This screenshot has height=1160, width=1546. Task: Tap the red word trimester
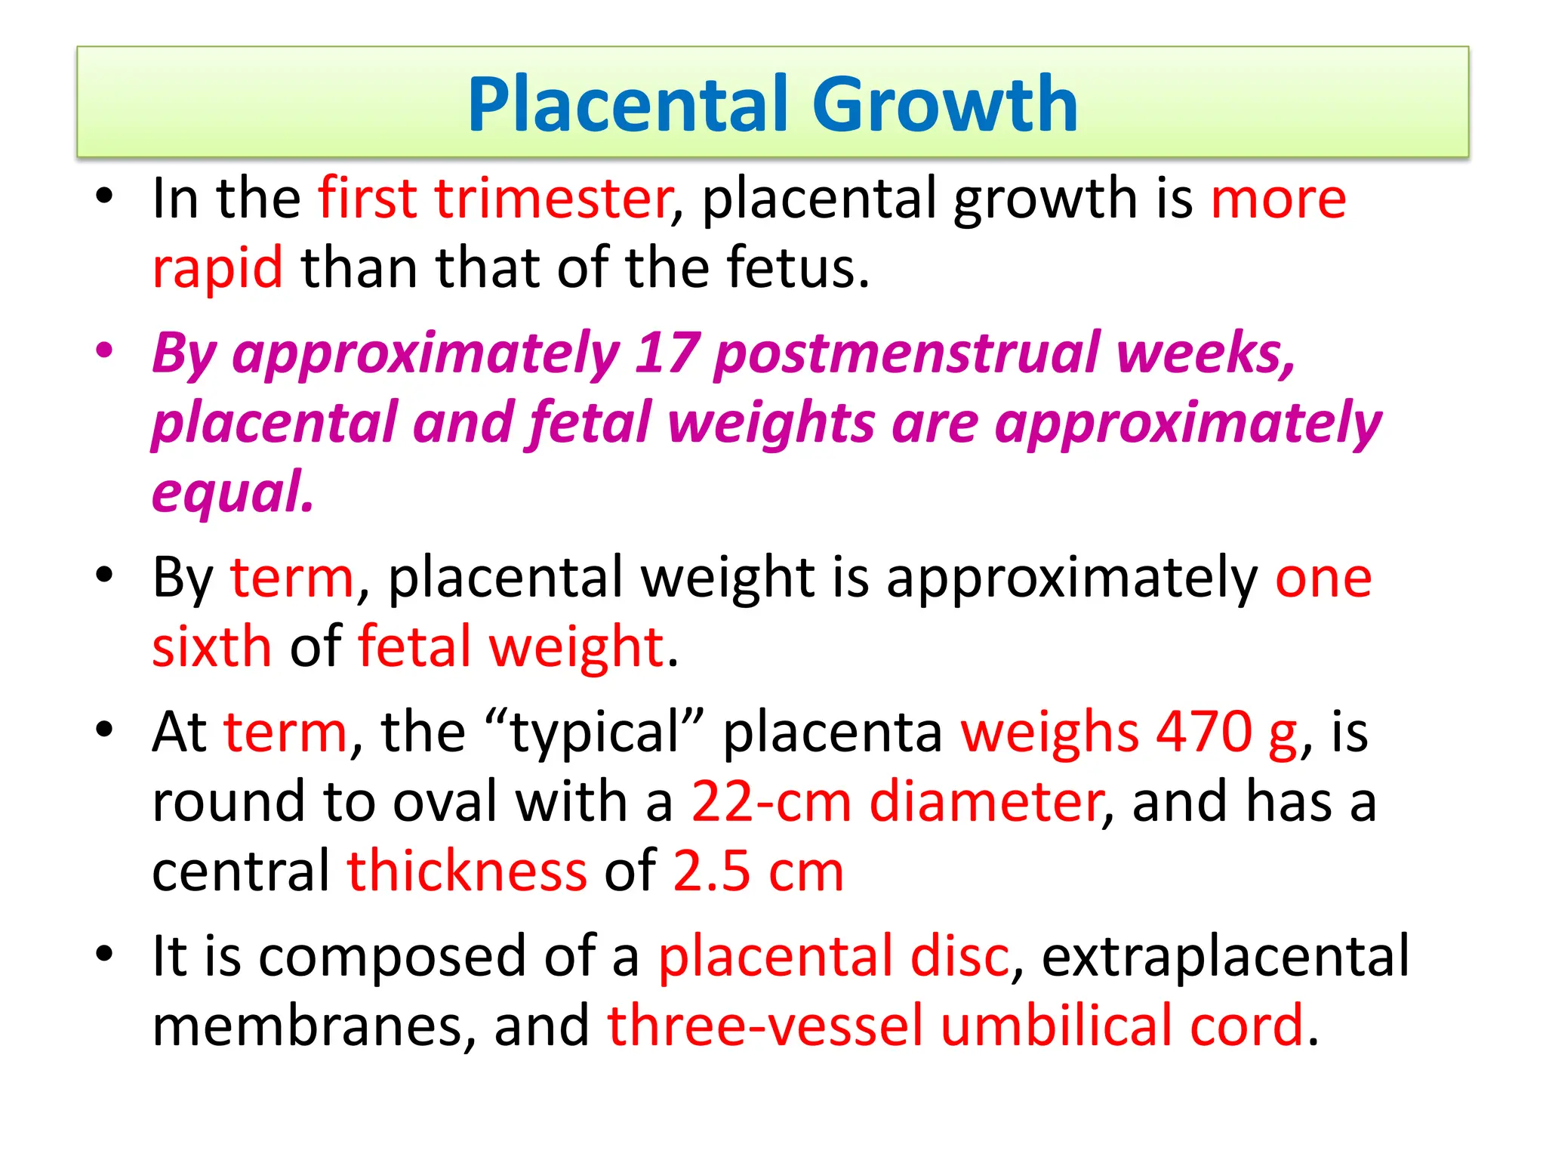pos(553,198)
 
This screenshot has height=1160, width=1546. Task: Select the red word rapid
pos(217,267)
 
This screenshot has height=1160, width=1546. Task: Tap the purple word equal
pos(233,492)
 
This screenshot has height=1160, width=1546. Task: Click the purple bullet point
pos(105,350)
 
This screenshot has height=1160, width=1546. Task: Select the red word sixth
pos(212,646)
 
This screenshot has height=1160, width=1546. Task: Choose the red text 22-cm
pos(771,801)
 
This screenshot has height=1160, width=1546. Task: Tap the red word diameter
pos(987,801)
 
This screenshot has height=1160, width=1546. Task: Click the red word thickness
pos(467,871)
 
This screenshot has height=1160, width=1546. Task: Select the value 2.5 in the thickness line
pos(711,871)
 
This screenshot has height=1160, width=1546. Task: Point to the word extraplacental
pos(1224,956)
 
